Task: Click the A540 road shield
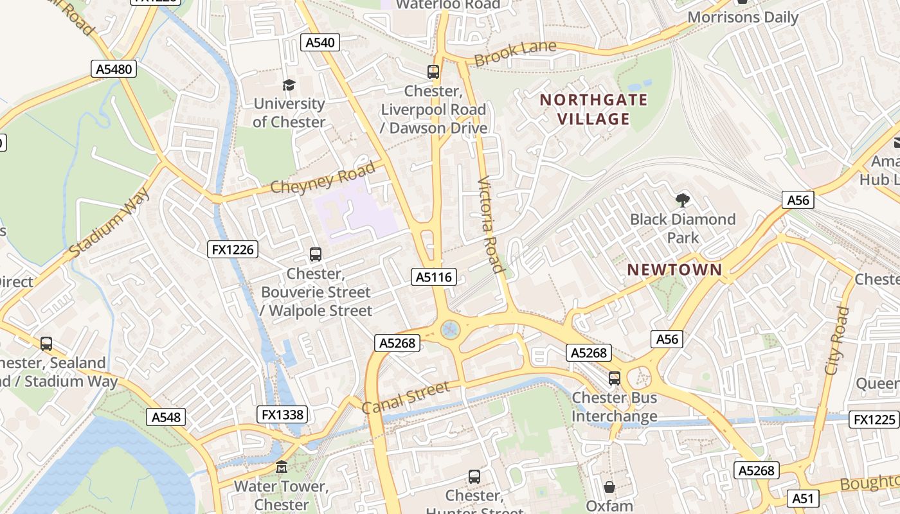coord(320,43)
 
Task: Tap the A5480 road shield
coord(114,69)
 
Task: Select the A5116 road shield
coord(434,278)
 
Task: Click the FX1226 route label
coord(233,249)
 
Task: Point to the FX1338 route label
coord(282,414)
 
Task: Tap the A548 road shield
coord(166,417)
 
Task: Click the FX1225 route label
coord(874,420)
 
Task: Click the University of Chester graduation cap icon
coord(289,85)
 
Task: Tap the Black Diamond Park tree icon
coord(682,200)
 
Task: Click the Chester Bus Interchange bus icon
coord(615,378)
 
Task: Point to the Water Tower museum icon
coord(282,467)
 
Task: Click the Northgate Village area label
coord(593,109)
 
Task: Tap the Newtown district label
coord(674,270)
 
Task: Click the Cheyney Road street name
coord(322,178)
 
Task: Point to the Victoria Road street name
coord(491,224)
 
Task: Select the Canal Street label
coord(405,398)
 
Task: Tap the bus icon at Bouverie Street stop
coord(316,254)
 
